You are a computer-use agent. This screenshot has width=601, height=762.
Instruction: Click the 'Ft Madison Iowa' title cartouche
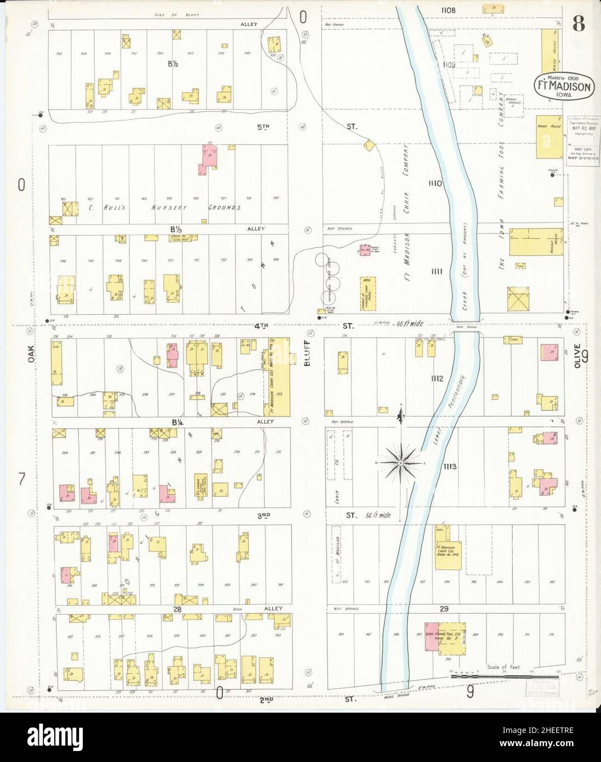(x=563, y=86)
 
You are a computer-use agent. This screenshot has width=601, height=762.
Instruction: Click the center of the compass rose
(x=401, y=463)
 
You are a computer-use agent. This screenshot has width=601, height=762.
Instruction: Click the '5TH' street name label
(x=264, y=127)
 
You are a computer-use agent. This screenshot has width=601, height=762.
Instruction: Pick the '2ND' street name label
(x=264, y=699)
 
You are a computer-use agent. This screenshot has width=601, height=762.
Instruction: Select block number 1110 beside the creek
(x=436, y=183)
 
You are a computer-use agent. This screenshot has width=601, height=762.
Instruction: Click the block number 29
(x=444, y=609)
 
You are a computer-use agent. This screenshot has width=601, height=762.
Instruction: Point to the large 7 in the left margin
(x=21, y=480)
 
